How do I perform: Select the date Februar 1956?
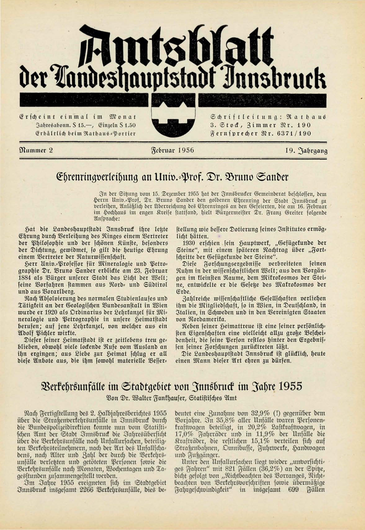click(173, 151)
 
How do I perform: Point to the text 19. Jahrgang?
click(306, 151)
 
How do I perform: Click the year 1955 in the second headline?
click(289, 386)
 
